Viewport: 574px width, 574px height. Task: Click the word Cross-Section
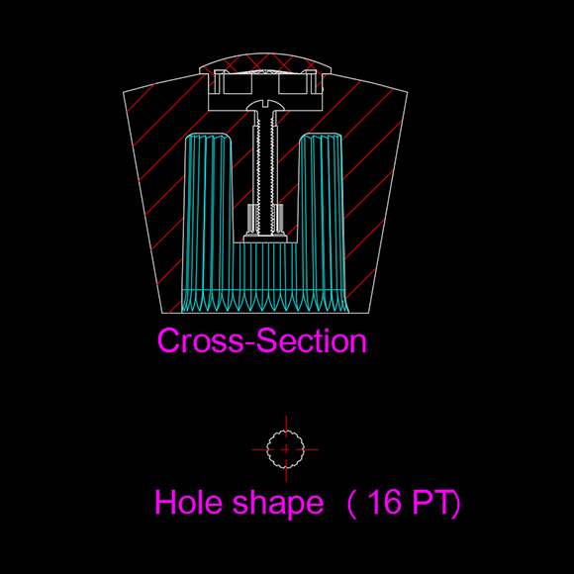[261, 340]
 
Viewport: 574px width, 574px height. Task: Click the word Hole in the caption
[188, 502]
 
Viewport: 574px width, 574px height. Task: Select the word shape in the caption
[278, 505]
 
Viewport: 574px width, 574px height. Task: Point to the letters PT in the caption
[431, 502]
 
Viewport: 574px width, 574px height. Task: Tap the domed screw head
[265, 106]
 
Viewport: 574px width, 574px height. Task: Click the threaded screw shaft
[265, 172]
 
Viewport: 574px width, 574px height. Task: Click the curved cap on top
[265, 62]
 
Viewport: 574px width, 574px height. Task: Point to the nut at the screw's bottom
[265, 239]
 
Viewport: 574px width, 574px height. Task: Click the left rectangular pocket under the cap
[238, 84]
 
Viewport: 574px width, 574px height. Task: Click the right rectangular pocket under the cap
[293, 84]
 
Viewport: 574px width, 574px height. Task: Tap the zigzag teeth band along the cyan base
[264, 301]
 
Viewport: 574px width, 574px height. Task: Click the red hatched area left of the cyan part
[157, 183]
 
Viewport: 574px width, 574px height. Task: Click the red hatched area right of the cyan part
[370, 183]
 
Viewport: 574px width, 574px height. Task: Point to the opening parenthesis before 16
[351, 505]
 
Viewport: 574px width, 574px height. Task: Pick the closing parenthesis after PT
[456, 505]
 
